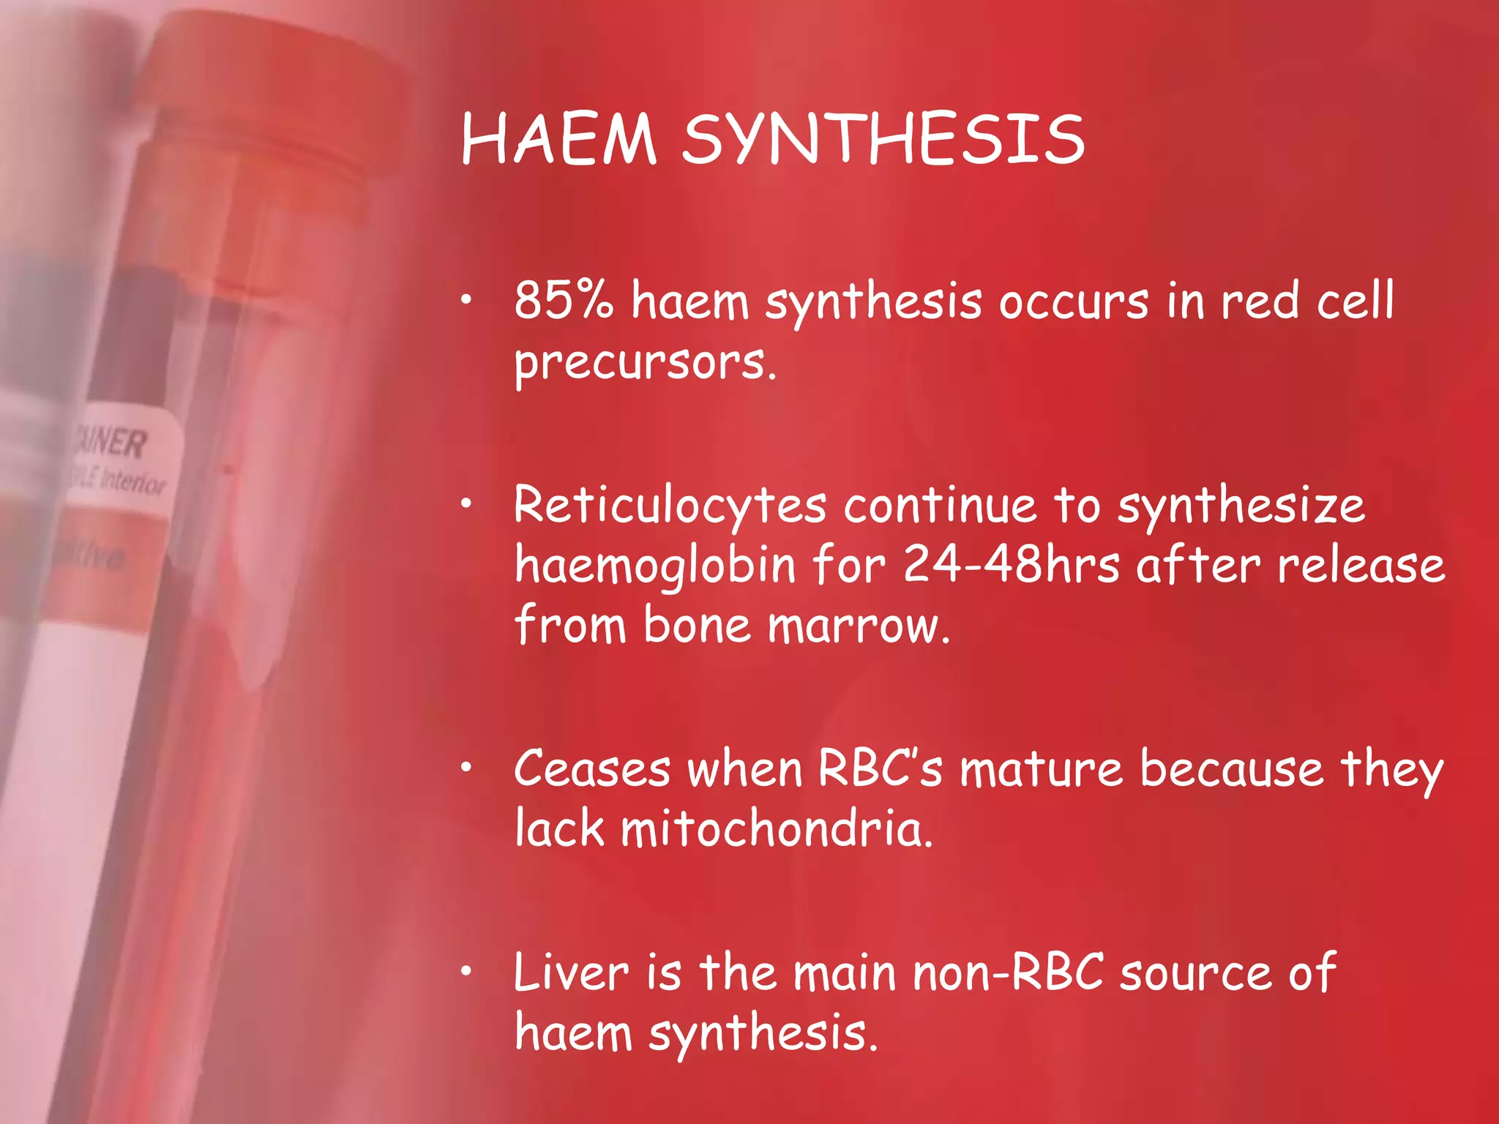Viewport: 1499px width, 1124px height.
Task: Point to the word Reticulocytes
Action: tap(670, 506)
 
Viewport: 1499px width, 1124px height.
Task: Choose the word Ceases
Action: tap(592, 770)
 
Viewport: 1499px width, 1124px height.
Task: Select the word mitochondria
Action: tap(777, 830)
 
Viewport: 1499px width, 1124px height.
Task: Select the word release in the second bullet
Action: tap(1361, 566)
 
